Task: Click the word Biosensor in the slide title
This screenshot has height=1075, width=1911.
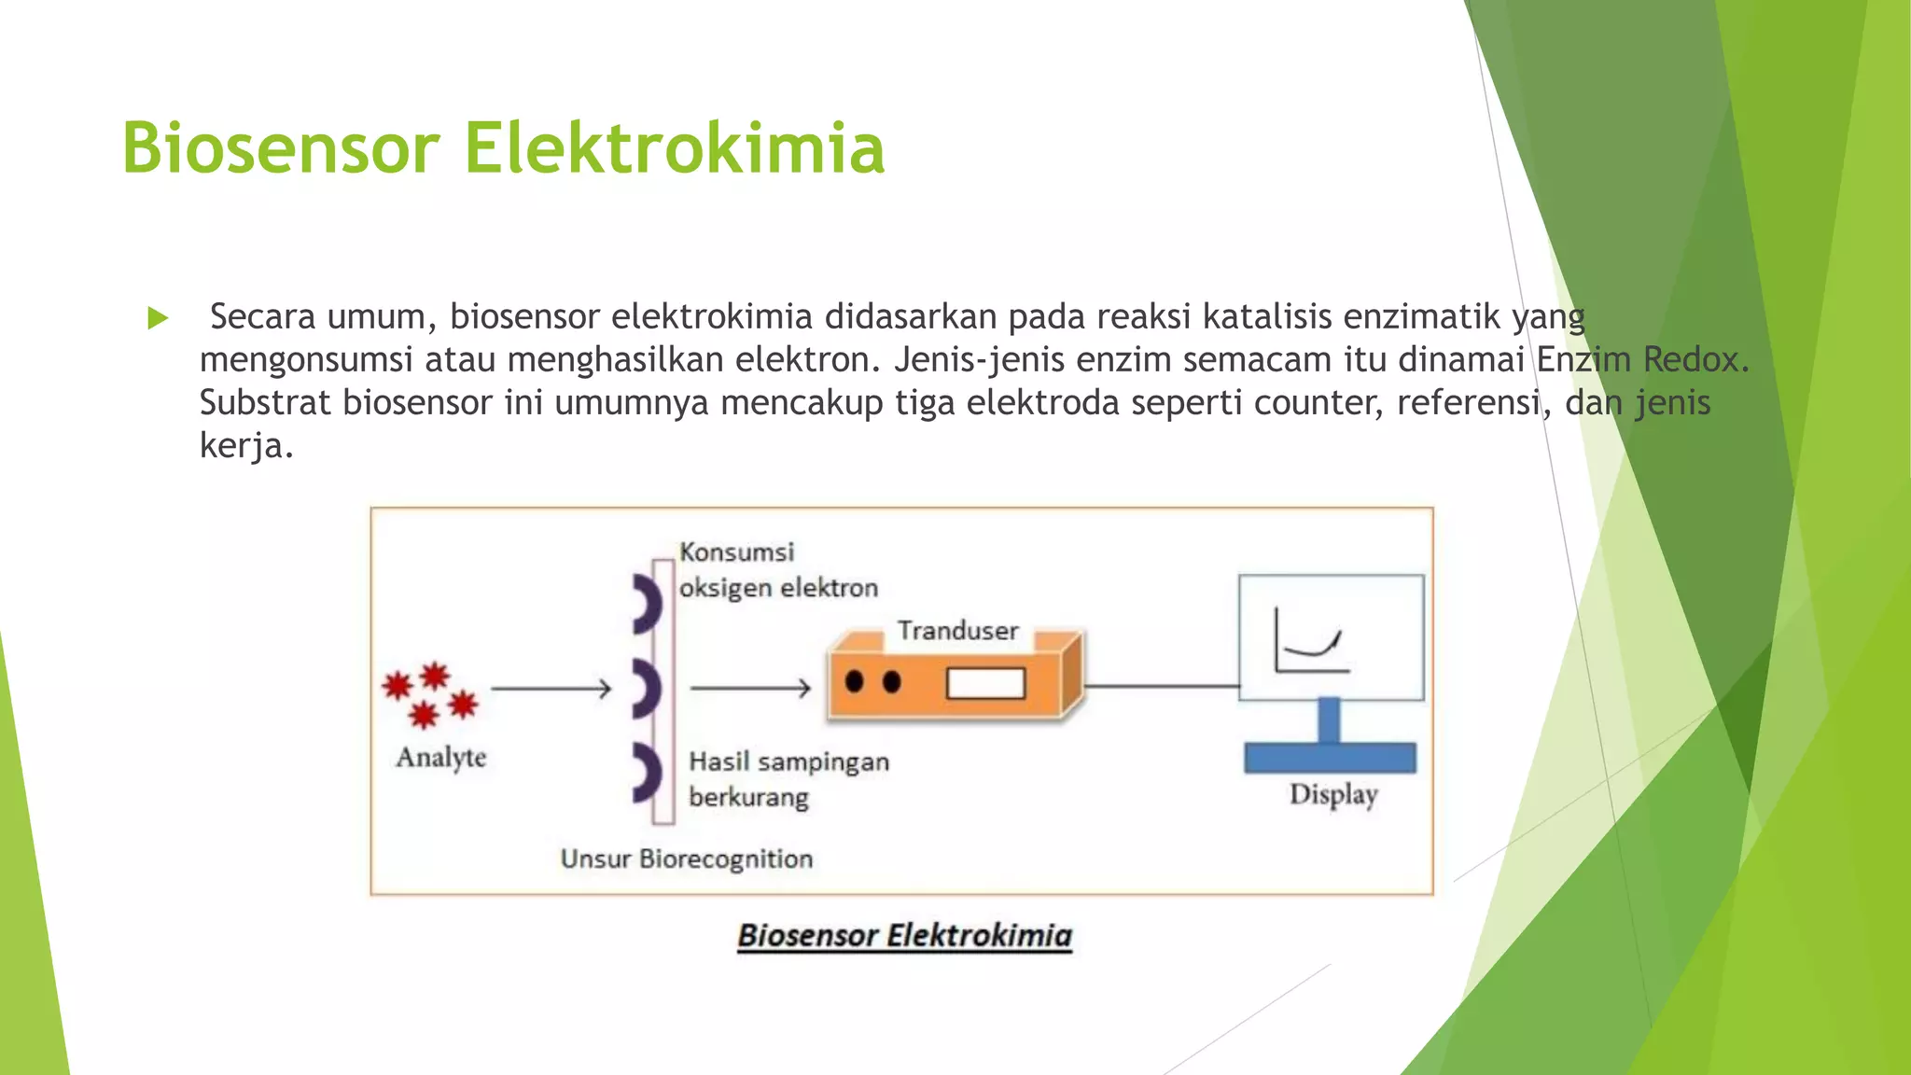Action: pos(280,147)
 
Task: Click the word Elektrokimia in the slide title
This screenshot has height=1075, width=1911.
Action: pos(674,147)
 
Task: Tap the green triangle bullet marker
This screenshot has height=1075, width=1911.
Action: pos(158,319)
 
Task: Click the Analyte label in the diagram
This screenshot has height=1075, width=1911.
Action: pos(441,757)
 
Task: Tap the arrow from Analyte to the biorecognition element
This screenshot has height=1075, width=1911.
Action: pos(551,689)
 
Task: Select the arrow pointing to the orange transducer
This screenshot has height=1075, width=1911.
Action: pos(750,689)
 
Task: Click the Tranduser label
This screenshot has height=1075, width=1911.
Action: pos(957,631)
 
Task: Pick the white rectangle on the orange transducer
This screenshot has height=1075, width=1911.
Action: pos(985,683)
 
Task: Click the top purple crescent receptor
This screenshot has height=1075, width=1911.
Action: pos(647,604)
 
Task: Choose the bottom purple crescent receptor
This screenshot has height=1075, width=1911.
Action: pos(647,773)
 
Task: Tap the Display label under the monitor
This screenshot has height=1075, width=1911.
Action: pos(1333,795)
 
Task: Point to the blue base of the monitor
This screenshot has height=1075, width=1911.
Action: pos(1330,757)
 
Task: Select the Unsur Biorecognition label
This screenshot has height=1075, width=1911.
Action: pos(687,859)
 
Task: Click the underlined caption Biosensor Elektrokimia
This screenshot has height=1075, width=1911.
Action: pos(904,935)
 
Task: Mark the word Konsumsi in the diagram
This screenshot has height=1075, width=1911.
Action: pos(736,552)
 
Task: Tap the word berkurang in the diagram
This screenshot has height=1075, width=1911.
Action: pos(748,798)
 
